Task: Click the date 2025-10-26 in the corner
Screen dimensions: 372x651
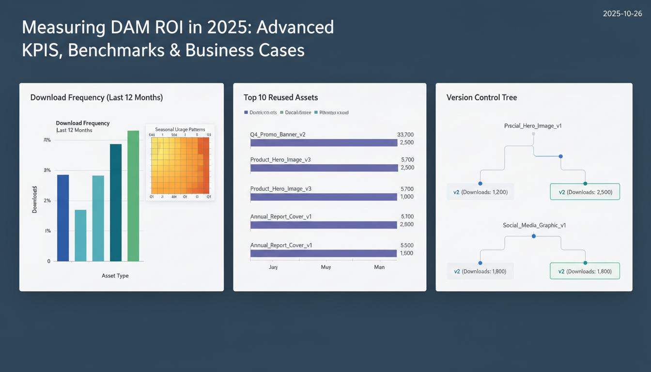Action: (x=622, y=14)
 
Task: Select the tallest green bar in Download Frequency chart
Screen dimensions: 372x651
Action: (x=133, y=196)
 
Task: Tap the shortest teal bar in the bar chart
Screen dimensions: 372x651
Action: (x=80, y=235)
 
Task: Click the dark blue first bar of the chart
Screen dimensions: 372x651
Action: (x=63, y=218)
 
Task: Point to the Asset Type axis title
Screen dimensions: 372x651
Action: (x=115, y=276)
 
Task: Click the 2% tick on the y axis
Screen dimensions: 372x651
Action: (x=47, y=201)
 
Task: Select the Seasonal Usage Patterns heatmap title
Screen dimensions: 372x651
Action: (x=180, y=129)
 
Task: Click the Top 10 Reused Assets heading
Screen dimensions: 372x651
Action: (x=280, y=97)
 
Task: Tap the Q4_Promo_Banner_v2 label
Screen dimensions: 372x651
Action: (x=278, y=134)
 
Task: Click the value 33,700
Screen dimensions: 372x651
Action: (x=405, y=134)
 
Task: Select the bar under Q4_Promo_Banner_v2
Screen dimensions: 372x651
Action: (x=324, y=143)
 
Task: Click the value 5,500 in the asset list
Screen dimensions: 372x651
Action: (x=407, y=245)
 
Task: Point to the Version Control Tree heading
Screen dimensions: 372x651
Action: (x=481, y=97)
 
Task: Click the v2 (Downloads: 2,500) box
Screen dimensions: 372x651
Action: (x=585, y=192)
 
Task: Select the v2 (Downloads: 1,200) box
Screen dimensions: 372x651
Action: (x=480, y=192)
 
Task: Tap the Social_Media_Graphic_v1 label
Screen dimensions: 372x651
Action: (x=534, y=225)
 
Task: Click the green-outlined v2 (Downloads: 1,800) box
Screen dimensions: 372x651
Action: (x=585, y=271)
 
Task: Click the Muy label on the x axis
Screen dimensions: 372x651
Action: (x=325, y=267)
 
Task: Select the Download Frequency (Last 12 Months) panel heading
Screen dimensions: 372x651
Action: (x=96, y=97)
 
